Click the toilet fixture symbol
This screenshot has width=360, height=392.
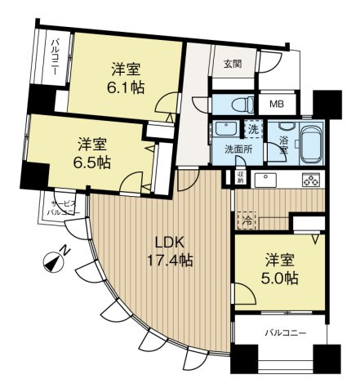[238, 105]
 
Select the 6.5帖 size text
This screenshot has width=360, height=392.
[93, 163]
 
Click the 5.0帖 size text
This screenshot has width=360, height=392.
[278, 278]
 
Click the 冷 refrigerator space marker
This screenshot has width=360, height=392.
[245, 219]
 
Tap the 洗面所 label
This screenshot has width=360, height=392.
[238, 149]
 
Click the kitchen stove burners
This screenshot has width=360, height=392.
[310, 180]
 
